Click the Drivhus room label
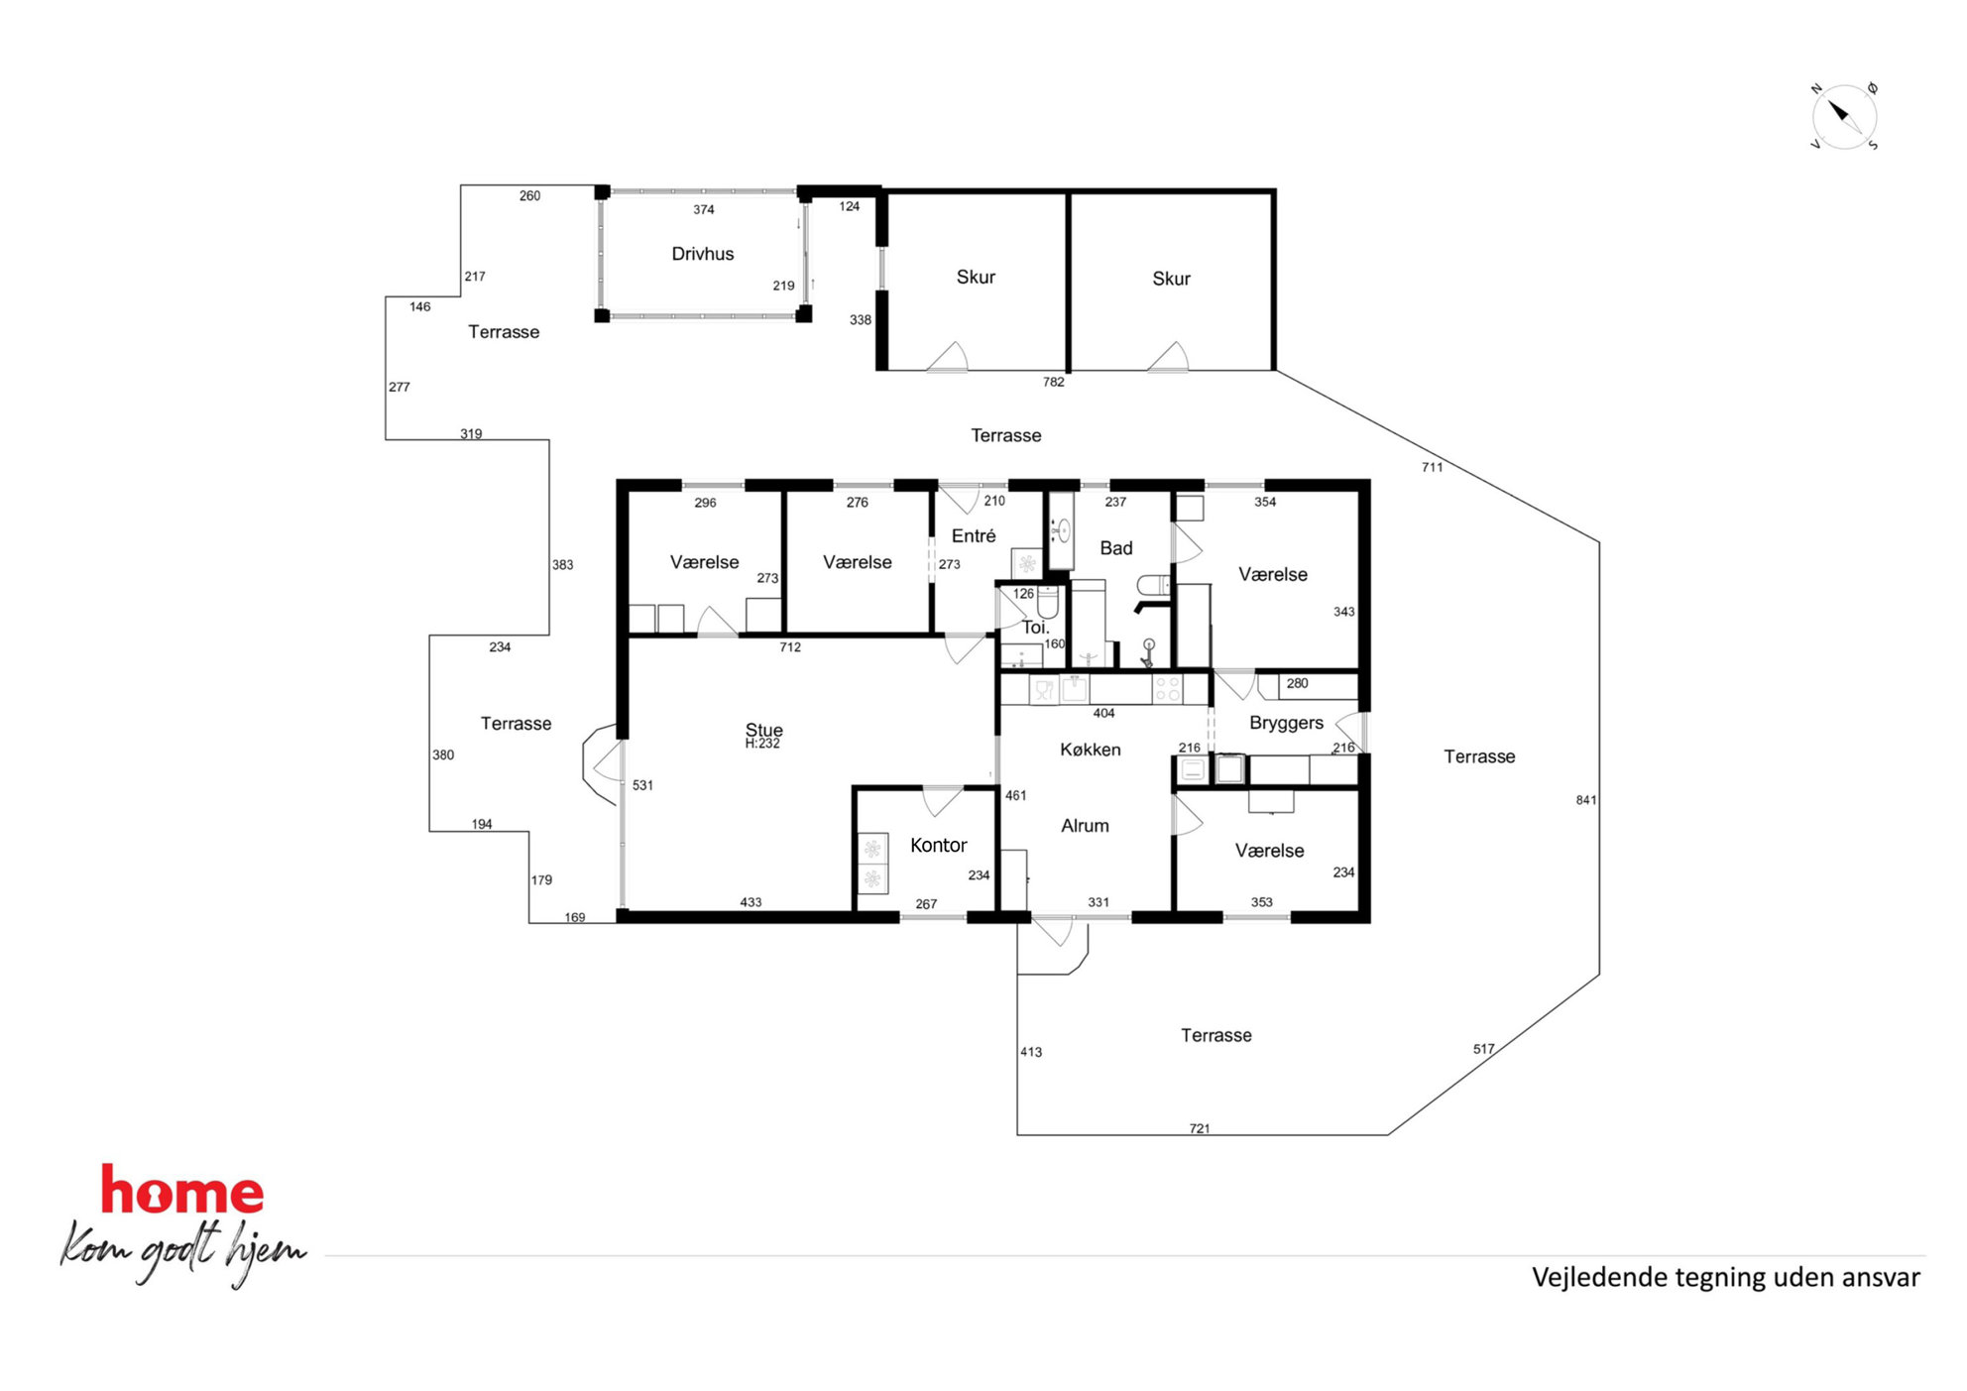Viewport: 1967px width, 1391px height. pos(702,254)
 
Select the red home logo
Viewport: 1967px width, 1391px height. pos(182,1190)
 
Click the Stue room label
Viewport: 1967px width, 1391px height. pos(763,730)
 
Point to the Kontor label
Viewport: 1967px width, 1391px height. pos(938,845)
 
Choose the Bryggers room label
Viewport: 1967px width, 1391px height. pos(1286,723)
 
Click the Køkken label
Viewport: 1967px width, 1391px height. pos(1090,750)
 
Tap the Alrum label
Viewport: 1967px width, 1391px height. pos(1085,826)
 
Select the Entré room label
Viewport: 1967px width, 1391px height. pos(973,536)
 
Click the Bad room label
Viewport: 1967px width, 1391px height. pos(1115,548)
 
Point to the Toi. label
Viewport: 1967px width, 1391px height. pos(1035,628)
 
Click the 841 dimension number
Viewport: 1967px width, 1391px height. pos(1585,800)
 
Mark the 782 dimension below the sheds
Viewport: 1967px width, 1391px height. pos(1053,382)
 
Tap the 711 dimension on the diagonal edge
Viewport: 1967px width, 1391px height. pos(1432,467)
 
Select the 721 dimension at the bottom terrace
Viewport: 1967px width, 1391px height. pos(1199,1128)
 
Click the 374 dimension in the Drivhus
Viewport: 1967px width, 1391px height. pos(703,209)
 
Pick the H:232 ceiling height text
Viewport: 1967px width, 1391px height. pos(762,744)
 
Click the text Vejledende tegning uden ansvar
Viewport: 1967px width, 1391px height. pos(1725,1277)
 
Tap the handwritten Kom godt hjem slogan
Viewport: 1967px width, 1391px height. pos(183,1251)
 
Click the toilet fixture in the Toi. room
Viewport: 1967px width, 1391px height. pos(1047,601)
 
